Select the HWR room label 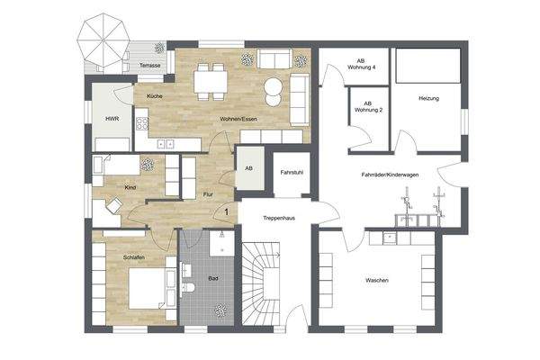click(112, 118)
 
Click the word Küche click(154, 95)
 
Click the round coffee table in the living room click(273, 90)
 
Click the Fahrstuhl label click(291, 172)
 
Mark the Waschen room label click(377, 281)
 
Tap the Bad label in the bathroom click(212, 279)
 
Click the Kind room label click(130, 186)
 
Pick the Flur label click(207, 194)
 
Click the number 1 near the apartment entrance click(226, 211)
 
